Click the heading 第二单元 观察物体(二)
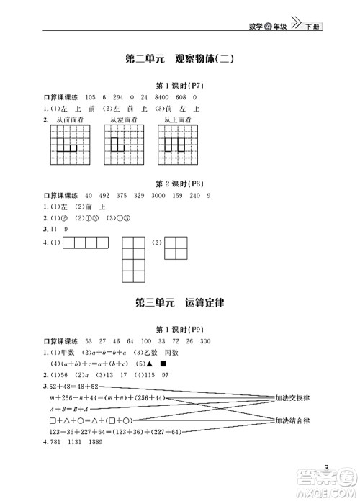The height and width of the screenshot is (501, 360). coord(180,60)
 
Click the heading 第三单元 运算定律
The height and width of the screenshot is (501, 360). coord(180,302)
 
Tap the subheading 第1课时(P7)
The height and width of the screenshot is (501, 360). coord(179,85)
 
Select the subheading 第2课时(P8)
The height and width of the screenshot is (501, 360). coord(179,183)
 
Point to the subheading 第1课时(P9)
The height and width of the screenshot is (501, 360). coord(179,328)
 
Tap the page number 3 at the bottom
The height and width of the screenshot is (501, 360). coord(327,470)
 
